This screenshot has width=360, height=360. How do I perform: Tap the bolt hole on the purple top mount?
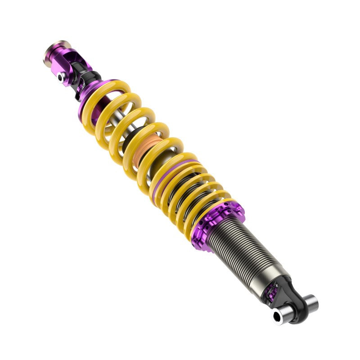pyautogui.click(x=60, y=77)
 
